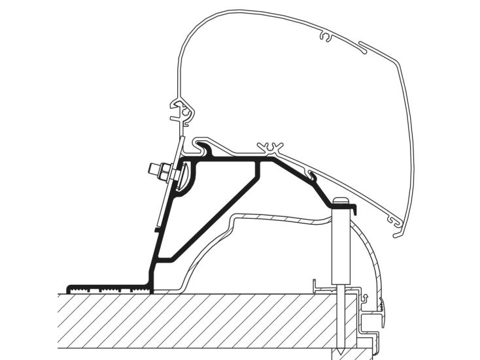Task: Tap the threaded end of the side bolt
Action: (152, 169)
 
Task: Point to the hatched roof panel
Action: (196, 323)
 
